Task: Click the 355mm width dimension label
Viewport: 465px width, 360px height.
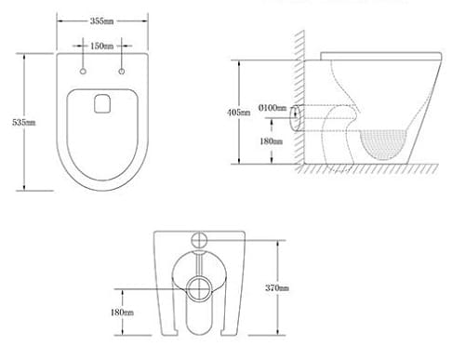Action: point(101,21)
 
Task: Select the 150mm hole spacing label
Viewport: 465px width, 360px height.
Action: point(102,46)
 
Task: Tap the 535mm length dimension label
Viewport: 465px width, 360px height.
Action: point(24,123)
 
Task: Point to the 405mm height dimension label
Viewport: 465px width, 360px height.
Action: point(239,113)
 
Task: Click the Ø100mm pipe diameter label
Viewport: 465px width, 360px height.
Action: point(272,108)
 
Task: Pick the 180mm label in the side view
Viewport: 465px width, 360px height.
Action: point(272,141)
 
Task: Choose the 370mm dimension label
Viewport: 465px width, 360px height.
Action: point(277,288)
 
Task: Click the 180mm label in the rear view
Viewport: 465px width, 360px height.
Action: point(122,313)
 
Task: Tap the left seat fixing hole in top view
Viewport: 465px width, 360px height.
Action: point(83,72)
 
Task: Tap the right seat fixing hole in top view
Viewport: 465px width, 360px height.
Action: point(122,72)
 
